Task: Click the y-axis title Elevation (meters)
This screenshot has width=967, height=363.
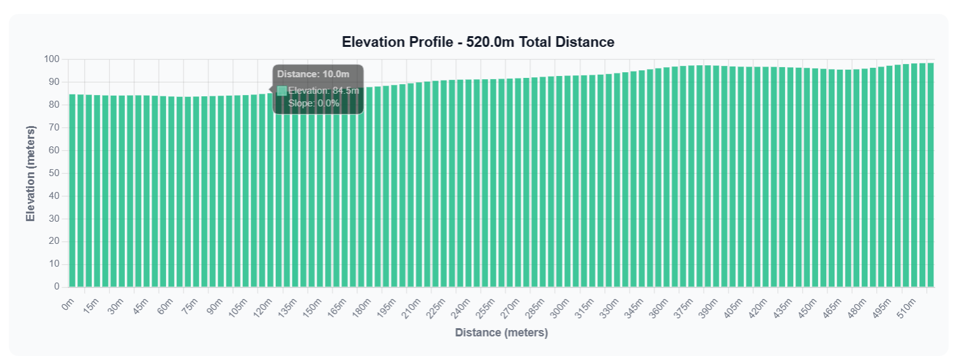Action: coord(30,174)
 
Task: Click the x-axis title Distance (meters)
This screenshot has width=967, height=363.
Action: coord(501,333)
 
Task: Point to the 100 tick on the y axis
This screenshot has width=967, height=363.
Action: coord(51,60)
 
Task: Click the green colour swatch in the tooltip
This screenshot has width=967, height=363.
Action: coord(282,91)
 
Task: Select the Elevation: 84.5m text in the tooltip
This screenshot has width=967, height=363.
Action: coord(323,91)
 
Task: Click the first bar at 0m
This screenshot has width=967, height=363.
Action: coord(72,190)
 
